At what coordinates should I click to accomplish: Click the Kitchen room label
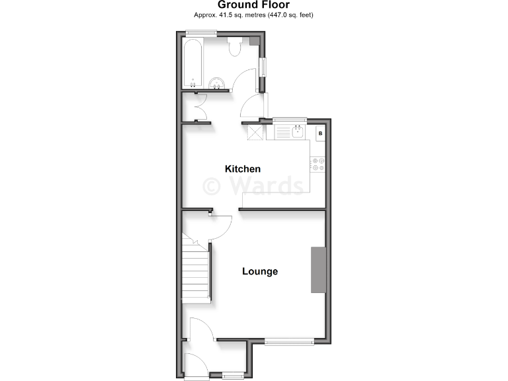[x=243, y=169]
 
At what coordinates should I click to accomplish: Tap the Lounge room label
[x=259, y=271]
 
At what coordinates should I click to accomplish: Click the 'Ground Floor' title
[x=253, y=5]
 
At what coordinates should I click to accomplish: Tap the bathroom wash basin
[x=217, y=83]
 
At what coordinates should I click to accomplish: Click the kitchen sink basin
[x=298, y=132]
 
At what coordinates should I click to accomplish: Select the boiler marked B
[x=320, y=134]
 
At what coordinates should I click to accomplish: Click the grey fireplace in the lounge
[x=319, y=269]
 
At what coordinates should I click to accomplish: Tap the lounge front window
[x=289, y=341]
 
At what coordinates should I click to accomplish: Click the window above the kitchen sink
[x=289, y=120]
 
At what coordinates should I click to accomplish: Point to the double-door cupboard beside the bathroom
[x=196, y=106]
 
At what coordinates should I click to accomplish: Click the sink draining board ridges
[x=284, y=132]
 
